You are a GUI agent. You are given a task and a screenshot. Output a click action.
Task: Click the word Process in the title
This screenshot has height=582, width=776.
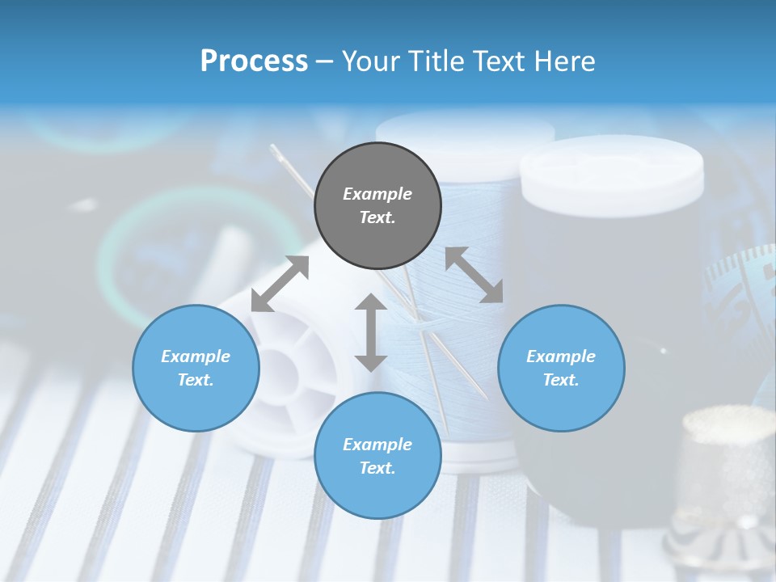pyautogui.click(x=254, y=61)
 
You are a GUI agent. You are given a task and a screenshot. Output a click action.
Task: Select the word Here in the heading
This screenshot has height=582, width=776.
pyautogui.click(x=565, y=61)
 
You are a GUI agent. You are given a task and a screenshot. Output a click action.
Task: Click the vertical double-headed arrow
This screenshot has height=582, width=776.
pyautogui.click(x=371, y=332)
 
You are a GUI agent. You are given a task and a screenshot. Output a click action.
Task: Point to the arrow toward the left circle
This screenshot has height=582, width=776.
pyautogui.click(x=280, y=284)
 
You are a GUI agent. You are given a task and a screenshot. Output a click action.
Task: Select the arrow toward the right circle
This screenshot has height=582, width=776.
pyautogui.click(x=474, y=275)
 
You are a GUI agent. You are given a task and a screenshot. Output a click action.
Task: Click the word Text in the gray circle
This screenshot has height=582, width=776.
pyautogui.click(x=377, y=217)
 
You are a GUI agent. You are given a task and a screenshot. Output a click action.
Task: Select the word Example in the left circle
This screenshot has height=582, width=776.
pyautogui.click(x=196, y=356)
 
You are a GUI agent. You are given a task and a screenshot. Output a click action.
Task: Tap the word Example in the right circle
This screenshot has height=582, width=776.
pyautogui.click(x=561, y=356)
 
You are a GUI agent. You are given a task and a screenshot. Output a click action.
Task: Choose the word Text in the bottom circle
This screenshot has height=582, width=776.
pyautogui.click(x=377, y=468)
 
